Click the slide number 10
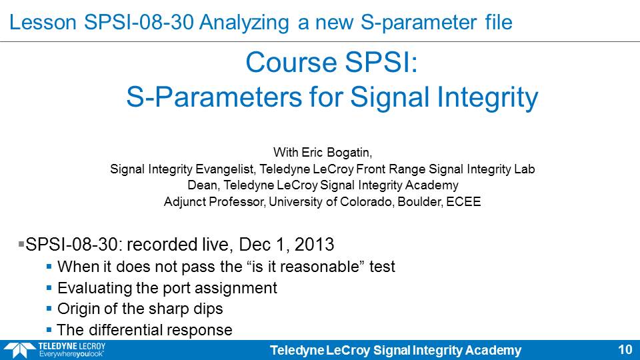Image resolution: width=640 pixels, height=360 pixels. [x=625, y=350]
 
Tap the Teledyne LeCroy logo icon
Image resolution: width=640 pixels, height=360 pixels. [x=19, y=350]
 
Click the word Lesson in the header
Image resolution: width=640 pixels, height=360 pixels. [x=43, y=22]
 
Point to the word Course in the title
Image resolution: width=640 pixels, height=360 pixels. [x=291, y=63]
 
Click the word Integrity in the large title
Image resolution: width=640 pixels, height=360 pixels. [x=485, y=99]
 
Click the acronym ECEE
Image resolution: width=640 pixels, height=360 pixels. [x=463, y=201]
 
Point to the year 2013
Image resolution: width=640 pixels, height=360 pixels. [x=314, y=245]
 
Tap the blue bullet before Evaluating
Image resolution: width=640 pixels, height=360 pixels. [x=49, y=288]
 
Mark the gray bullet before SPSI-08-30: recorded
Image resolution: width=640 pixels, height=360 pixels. [x=21, y=244]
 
